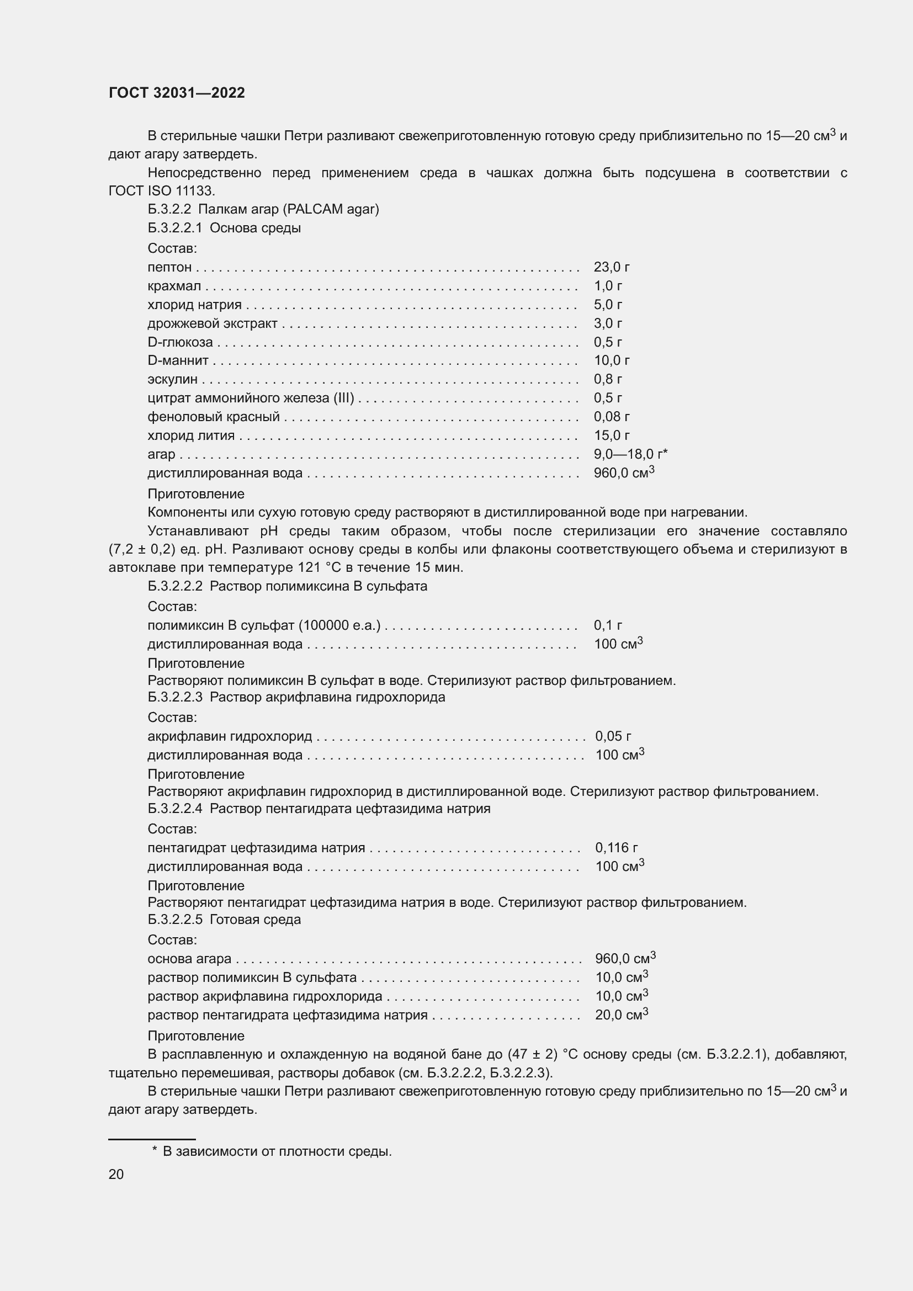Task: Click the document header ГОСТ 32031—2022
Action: coord(177,93)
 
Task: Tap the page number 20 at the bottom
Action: coord(116,1174)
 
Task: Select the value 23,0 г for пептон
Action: coord(611,267)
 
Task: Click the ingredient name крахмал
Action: coord(174,286)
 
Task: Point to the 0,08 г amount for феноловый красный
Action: coord(611,417)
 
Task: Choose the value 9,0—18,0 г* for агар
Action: coord(630,454)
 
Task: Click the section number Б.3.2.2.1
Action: coord(174,228)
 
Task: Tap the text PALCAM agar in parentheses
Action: coord(331,209)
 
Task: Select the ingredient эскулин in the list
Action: coord(172,380)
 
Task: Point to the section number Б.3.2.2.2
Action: coord(175,586)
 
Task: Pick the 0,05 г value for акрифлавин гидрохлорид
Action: coord(613,736)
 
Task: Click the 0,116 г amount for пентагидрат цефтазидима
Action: coord(616,847)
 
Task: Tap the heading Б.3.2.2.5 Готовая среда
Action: coord(224,920)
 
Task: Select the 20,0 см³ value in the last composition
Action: coord(621,1015)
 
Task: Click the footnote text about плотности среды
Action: coord(277,1151)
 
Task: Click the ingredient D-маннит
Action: coord(178,360)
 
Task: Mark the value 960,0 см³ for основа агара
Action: coord(625,958)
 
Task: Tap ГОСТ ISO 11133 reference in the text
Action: coord(161,190)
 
